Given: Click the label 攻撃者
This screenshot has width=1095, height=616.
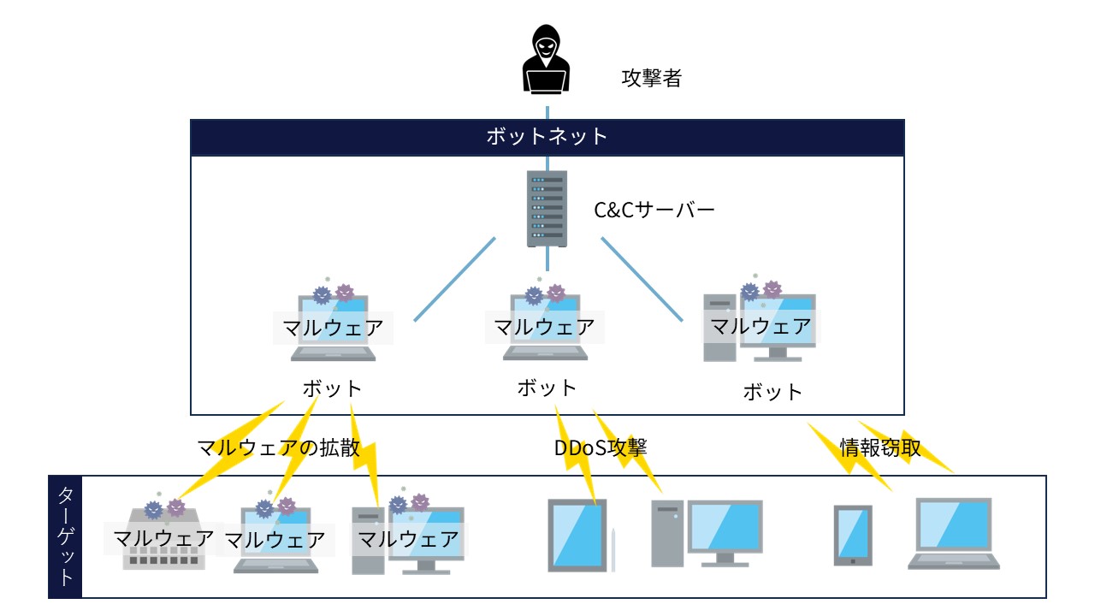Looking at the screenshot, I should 651,79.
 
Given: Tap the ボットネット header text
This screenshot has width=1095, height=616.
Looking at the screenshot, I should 547,136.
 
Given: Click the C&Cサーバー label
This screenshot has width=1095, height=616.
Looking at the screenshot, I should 654,209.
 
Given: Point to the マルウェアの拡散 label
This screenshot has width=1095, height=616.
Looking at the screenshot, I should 279,448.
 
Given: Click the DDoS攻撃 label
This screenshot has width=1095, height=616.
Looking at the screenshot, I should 601,447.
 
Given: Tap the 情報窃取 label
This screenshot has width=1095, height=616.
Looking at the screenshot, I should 880,447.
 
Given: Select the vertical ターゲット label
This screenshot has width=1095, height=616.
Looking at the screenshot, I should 66,536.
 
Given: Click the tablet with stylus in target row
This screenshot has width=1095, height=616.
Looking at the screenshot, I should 579,535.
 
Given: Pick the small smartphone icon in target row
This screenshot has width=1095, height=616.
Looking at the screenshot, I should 853,535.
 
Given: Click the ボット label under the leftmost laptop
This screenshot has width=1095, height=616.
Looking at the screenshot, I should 333,388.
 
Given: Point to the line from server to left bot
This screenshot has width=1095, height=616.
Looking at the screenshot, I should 455,279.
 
